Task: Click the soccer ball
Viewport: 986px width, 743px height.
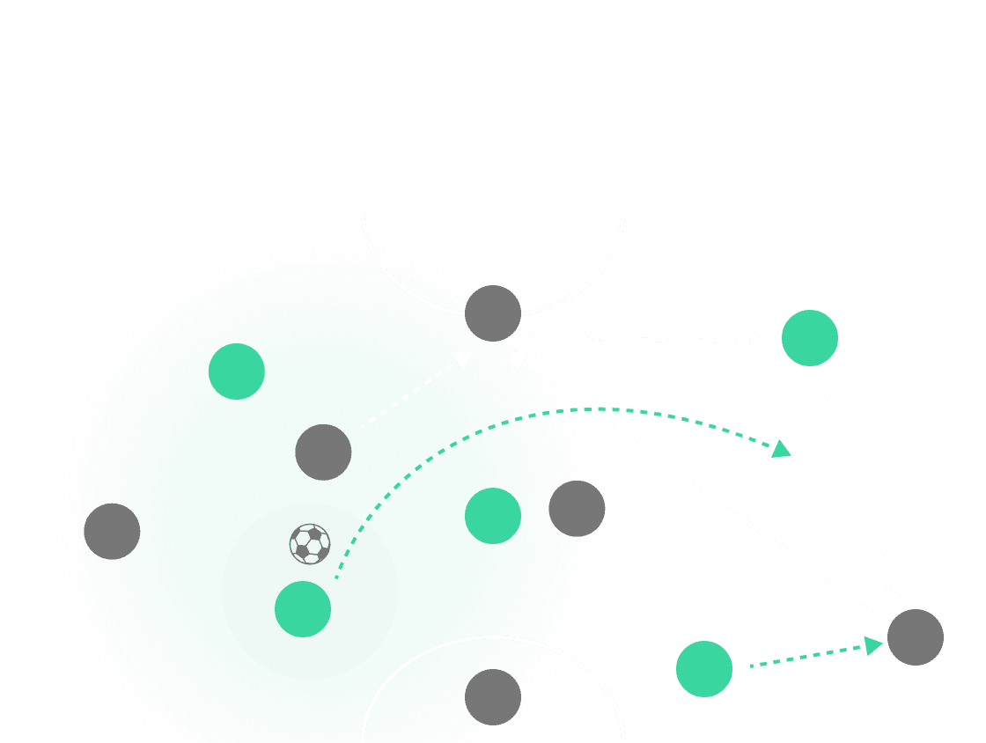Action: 310,544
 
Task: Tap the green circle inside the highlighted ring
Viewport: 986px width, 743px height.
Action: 303,608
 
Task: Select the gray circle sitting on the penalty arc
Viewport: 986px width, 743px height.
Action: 493,313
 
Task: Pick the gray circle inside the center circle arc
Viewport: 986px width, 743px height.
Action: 493,697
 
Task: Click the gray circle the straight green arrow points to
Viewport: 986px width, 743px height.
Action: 916,637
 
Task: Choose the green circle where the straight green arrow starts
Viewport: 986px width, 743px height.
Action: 704,669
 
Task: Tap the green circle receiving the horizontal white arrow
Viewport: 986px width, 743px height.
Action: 810,338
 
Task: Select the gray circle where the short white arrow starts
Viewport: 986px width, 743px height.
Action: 323,452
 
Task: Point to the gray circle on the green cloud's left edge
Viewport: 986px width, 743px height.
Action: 112,532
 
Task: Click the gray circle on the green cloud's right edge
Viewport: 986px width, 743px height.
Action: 577,509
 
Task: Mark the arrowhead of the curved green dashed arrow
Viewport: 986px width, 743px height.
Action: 782,451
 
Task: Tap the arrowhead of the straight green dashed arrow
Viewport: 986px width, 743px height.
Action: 873,646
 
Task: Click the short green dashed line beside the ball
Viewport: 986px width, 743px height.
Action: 349,553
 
